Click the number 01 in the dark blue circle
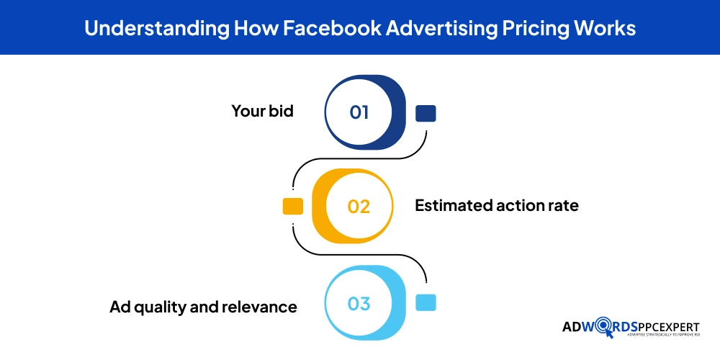(x=359, y=112)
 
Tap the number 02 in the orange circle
(x=359, y=206)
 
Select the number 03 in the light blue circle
(x=359, y=303)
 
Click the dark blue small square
(x=426, y=113)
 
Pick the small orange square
(x=293, y=206)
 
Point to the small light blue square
(x=426, y=302)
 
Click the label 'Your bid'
(x=262, y=112)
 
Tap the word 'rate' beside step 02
(x=562, y=206)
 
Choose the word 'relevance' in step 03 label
(x=262, y=307)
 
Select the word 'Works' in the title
(x=606, y=28)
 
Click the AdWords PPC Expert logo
(x=631, y=328)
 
